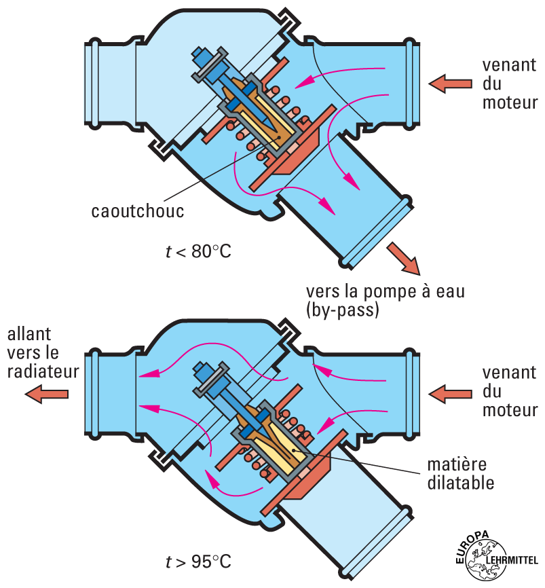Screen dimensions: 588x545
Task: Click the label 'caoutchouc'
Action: pos(138,210)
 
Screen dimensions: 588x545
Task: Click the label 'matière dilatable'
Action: pos(461,474)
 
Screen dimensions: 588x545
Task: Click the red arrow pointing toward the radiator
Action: pos(48,393)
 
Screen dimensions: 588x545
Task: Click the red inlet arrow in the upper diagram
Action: pos(450,84)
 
